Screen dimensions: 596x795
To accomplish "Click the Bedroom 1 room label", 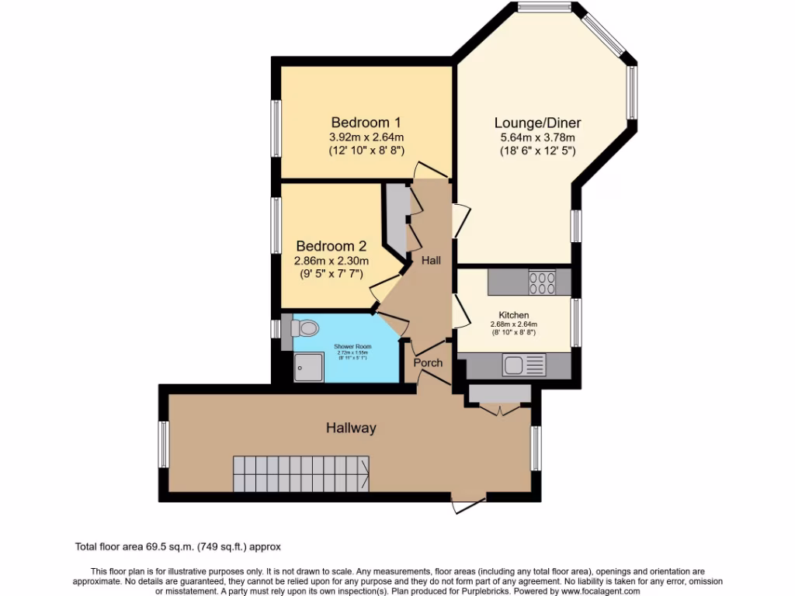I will (x=366, y=122).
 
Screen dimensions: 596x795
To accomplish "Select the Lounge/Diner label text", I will (x=537, y=123).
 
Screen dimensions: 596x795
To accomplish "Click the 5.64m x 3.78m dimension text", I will (x=537, y=137).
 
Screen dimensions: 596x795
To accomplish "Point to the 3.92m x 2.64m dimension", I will (x=366, y=136).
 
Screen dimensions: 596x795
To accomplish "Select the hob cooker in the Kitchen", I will (x=542, y=281).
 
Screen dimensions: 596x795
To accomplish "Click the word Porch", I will (x=428, y=362).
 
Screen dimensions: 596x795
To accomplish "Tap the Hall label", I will (x=431, y=261).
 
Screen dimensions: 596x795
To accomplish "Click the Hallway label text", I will (x=351, y=428).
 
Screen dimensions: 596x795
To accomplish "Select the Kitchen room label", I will (x=513, y=315).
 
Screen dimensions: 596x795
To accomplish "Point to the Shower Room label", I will (x=352, y=346).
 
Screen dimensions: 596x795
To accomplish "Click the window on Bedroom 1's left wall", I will (x=276, y=127).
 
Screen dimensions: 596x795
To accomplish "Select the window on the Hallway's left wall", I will (x=164, y=445).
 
